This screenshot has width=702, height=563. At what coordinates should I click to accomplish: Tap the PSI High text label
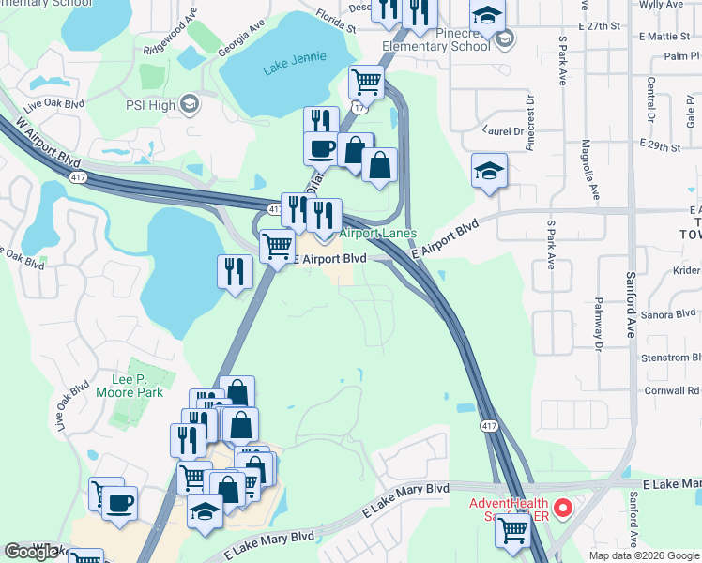pos(150,105)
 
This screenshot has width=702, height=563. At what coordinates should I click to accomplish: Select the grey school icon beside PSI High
pos(191,103)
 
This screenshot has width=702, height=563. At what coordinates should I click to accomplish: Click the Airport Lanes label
pos(377,233)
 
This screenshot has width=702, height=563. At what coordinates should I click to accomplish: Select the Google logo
pos(33,552)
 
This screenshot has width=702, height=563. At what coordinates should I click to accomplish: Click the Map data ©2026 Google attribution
pos(645,555)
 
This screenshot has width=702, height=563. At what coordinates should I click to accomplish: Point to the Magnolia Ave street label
pos(591,169)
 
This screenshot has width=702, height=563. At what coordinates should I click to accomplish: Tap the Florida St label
pos(337,21)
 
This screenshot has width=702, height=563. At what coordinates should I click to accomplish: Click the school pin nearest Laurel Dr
pos(489,172)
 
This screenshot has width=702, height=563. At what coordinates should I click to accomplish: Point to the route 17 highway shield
pos(358,108)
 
